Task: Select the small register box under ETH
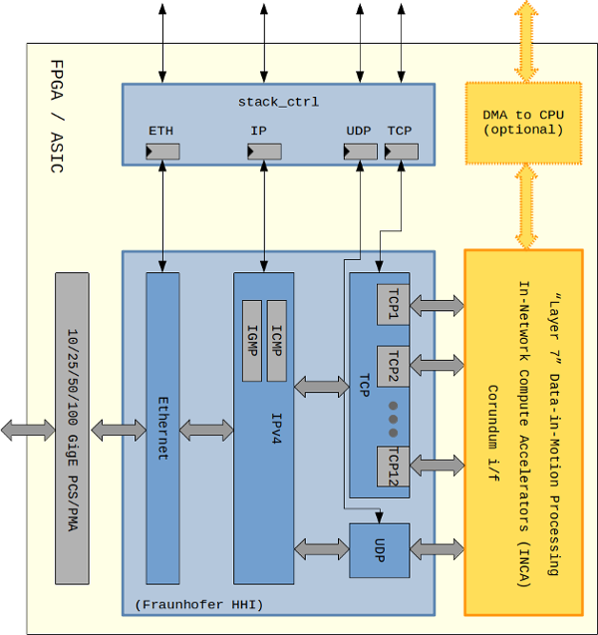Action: point(161,151)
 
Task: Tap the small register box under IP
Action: point(264,151)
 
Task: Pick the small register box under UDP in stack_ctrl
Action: point(360,151)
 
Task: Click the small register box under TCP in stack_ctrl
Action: point(401,151)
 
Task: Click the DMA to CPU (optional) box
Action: point(522,122)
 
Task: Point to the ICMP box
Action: point(277,340)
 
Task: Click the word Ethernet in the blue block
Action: point(162,428)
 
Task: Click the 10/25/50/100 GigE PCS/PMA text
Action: point(72,428)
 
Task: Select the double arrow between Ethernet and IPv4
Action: point(206,430)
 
